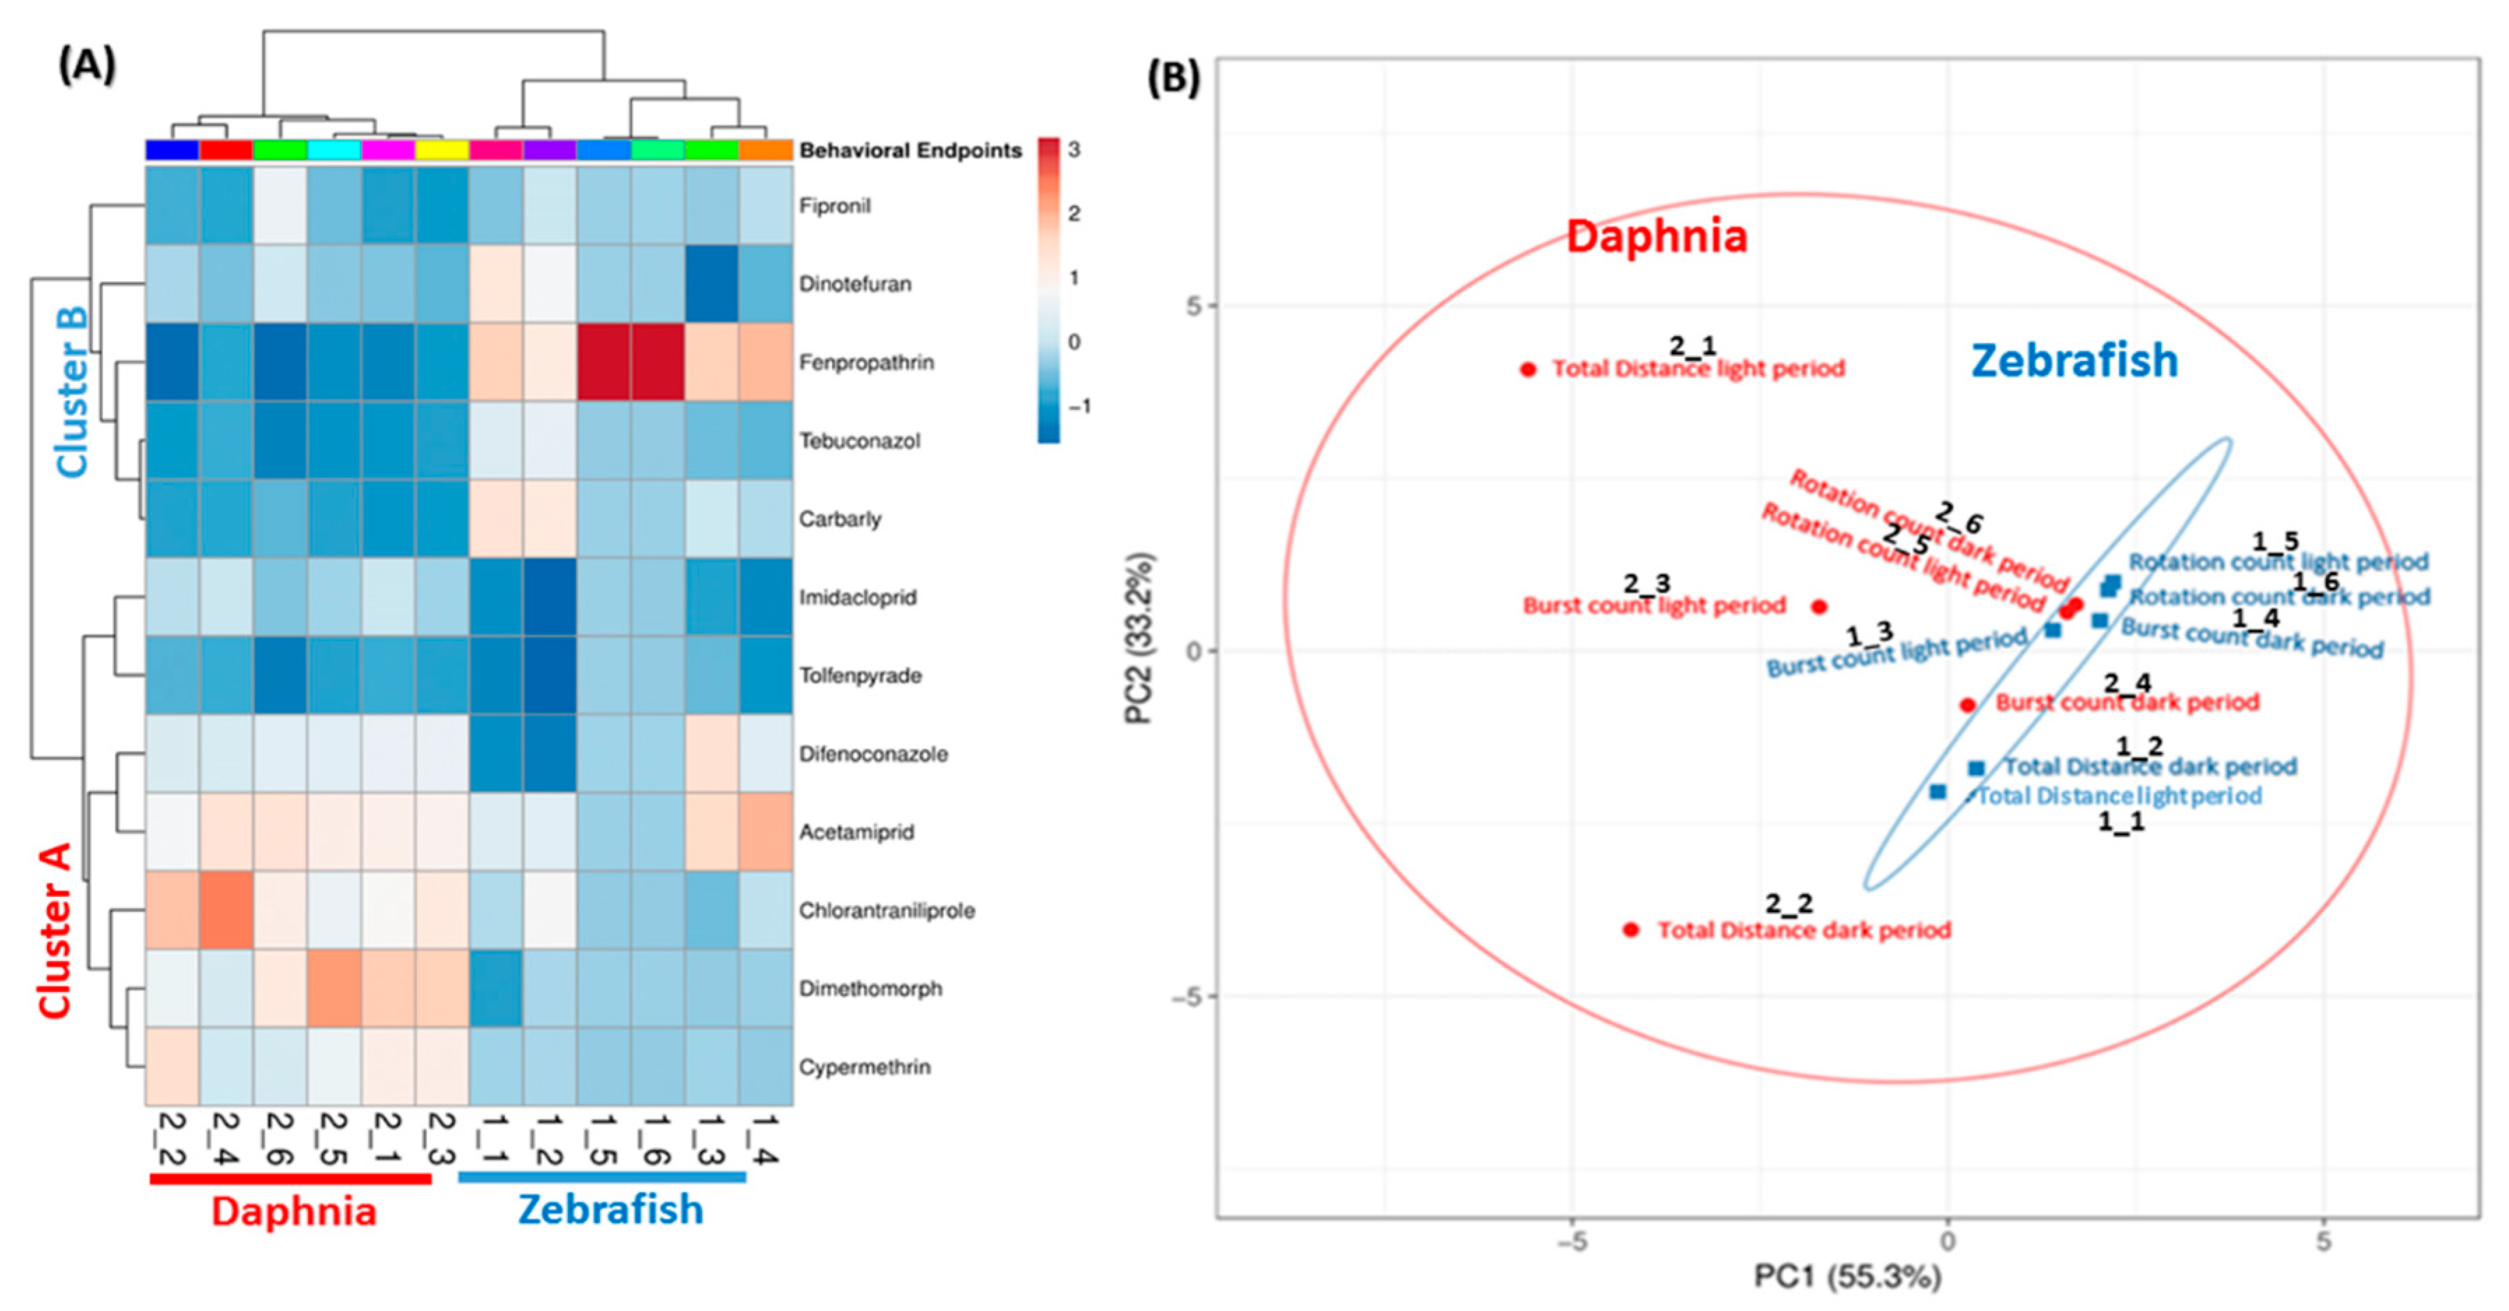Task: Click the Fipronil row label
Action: coord(835,205)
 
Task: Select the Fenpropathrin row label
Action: coord(866,362)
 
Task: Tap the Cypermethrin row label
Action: coord(864,1067)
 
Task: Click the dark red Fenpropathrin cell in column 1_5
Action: coord(604,362)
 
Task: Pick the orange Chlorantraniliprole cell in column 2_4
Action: coord(226,909)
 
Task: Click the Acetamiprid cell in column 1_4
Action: coord(766,832)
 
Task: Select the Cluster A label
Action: coord(54,931)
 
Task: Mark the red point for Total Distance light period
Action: coord(1528,369)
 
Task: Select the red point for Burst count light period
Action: coord(1818,607)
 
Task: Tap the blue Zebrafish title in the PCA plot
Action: coord(2074,360)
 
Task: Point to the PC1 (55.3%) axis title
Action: coord(1848,1275)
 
